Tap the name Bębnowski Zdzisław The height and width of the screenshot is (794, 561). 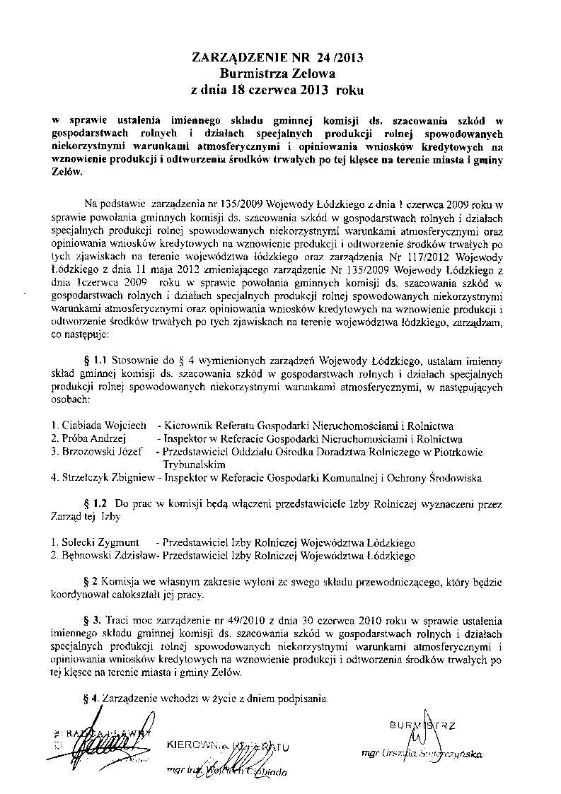(x=106, y=556)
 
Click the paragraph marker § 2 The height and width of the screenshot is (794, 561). (x=90, y=582)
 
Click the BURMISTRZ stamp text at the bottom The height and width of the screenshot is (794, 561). (x=422, y=725)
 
